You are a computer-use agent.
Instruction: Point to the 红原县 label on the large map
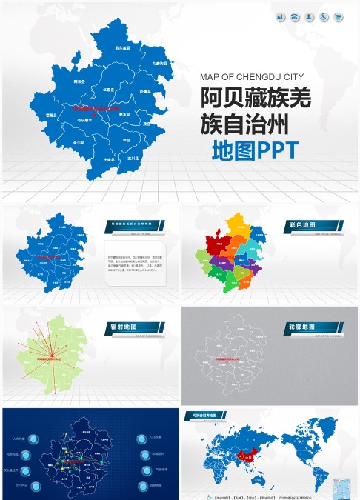[109, 90]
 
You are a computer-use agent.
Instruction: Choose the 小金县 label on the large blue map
[110, 159]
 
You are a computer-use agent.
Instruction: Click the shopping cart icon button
[339, 16]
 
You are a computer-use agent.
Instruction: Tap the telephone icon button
[295, 16]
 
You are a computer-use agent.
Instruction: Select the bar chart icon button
[281, 16]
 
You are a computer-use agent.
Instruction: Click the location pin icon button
[310, 16]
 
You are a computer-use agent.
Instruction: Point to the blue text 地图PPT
[255, 150]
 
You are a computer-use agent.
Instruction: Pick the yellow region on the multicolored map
[237, 223]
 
